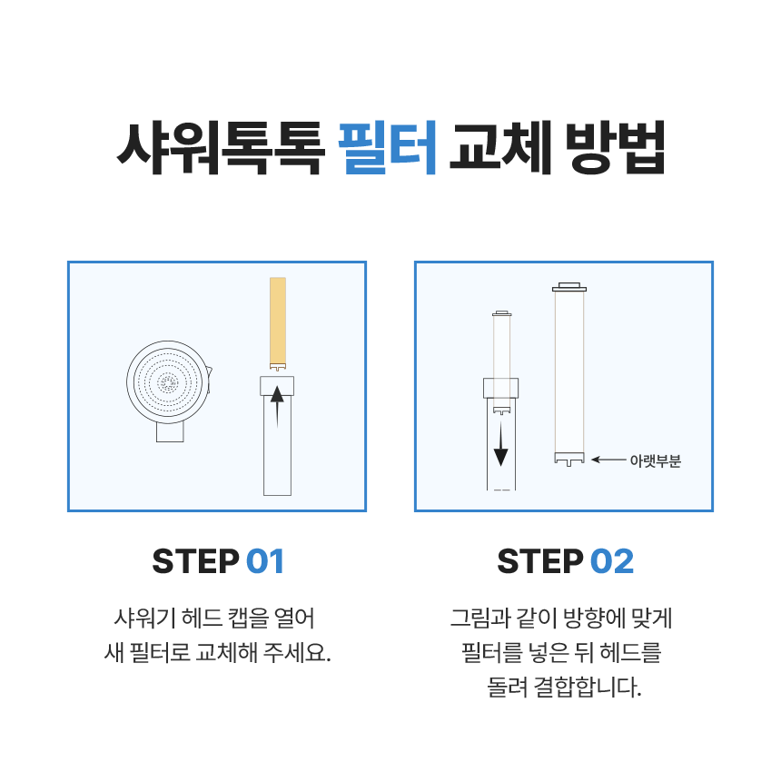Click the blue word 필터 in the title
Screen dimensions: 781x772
click(387, 147)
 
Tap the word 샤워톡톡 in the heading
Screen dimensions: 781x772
click(221, 147)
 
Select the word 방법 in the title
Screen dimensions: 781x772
click(615, 147)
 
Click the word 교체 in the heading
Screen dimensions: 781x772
click(500, 147)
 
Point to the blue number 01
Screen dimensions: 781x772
click(265, 561)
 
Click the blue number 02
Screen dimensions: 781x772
click(612, 561)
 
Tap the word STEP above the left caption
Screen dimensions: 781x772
click(196, 561)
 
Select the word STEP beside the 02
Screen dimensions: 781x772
click(540, 561)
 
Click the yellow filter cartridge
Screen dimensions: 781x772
click(278, 323)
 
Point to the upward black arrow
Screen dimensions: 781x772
click(277, 407)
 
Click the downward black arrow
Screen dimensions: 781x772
click(500, 444)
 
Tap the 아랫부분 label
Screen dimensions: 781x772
click(655, 460)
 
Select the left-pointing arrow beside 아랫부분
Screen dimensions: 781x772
click(608, 460)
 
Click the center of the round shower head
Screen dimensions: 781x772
click(168, 382)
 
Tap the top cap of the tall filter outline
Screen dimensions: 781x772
click(569, 287)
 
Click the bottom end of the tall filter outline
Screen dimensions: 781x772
click(569, 459)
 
